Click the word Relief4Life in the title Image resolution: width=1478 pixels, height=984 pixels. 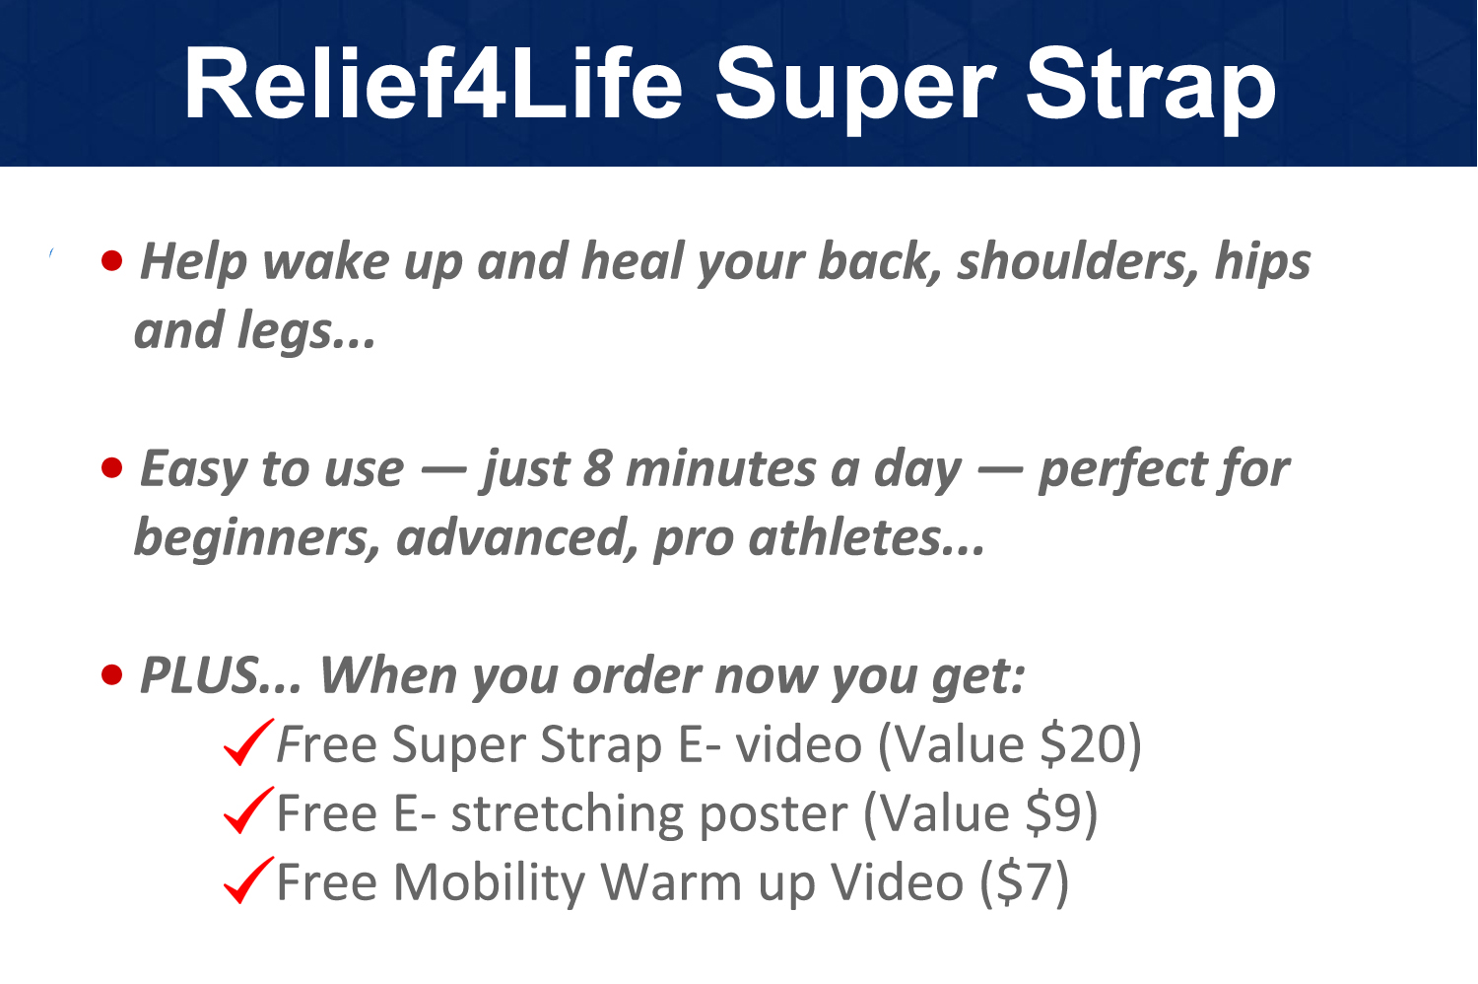(x=433, y=84)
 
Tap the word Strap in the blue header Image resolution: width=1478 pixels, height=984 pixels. (x=1150, y=91)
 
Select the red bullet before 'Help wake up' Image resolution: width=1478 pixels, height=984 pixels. (x=112, y=260)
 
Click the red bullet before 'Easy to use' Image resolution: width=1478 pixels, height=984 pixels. (x=112, y=467)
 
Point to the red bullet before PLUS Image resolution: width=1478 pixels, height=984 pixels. (x=112, y=675)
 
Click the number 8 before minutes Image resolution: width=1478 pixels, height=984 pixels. (x=597, y=468)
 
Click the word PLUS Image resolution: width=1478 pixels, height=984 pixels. (x=199, y=675)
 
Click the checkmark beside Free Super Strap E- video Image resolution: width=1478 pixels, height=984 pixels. (x=247, y=743)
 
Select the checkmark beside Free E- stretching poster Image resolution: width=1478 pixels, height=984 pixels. (x=247, y=810)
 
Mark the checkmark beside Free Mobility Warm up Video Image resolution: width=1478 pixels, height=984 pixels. (x=247, y=879)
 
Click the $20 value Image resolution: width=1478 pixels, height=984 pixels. (x=1083, y=744)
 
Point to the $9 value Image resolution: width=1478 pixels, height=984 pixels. (x=1054, y=812)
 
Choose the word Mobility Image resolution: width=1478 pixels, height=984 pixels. (x=489, y=883)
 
